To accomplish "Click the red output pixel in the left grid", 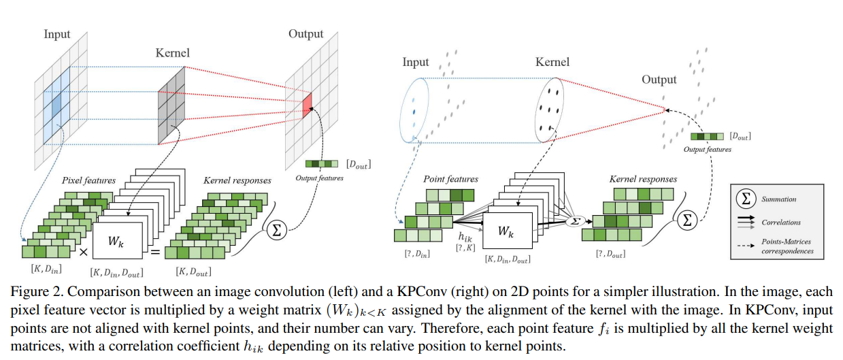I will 308,103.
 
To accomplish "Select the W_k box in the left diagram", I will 116,241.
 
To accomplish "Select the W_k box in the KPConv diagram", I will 506,231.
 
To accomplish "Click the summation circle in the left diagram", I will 276,229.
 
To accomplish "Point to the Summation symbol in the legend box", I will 746,199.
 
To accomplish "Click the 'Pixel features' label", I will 89,181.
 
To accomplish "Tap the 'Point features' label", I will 451,179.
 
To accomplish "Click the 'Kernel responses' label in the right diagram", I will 643,179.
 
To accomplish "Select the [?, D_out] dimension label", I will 609,254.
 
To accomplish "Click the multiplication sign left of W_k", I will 83,252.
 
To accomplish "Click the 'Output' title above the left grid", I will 305,33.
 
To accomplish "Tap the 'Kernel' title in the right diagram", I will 552,62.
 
